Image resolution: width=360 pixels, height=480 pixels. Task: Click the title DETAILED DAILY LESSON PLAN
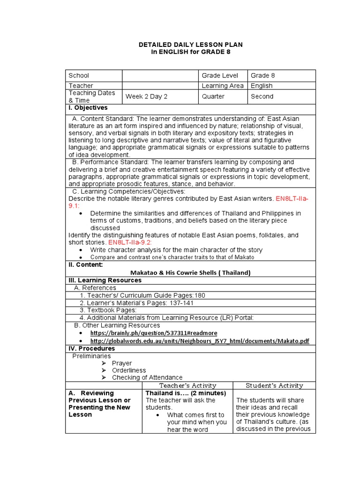point(190,44)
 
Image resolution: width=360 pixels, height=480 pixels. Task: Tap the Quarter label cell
point(213,97)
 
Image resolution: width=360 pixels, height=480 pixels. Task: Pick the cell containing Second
point(262,97)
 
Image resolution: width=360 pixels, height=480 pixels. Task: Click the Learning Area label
point(223,86)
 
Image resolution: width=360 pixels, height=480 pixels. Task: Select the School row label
point(79,75)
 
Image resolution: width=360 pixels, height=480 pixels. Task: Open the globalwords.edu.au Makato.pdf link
point(200,341)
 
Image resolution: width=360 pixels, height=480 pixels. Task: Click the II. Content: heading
point(85,265)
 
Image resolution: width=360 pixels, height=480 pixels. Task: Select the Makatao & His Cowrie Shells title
point(190,272)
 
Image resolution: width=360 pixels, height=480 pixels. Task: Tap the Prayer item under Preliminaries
point(122,363)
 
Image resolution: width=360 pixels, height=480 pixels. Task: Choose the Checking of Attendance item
point(147,377)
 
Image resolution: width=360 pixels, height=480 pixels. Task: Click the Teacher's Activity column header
point(187,385)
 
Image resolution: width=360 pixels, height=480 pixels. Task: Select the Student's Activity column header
point(274,385)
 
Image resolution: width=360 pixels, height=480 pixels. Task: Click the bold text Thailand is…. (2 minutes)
point(186,393)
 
